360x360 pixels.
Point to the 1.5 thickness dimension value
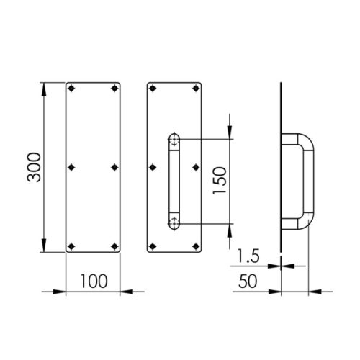247,256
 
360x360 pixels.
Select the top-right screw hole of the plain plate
114,90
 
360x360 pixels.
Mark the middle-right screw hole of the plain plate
114,168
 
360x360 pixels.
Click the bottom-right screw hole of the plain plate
114,246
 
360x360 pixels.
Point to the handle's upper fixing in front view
174,143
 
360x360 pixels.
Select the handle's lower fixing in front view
174,222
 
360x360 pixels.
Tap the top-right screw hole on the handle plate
196,90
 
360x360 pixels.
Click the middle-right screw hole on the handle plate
196,168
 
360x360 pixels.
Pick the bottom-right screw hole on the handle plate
196,246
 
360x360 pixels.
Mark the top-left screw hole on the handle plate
153,90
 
